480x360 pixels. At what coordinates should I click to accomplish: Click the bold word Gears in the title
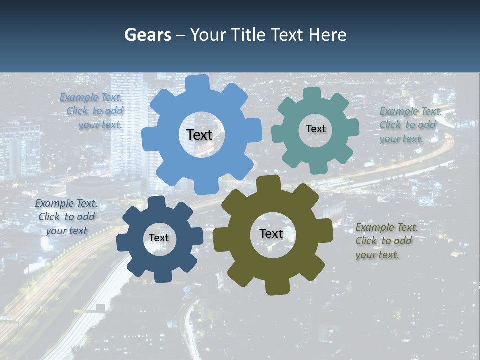coord(147,35)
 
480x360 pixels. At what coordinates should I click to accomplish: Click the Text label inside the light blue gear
coord(199,135)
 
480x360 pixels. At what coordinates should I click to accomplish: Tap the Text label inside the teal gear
coord(315,129)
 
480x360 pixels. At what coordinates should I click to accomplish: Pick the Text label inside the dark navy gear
coord(159,238)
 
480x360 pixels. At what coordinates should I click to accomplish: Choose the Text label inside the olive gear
coord(271,234)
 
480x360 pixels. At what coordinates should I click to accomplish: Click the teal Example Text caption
coord(410,125)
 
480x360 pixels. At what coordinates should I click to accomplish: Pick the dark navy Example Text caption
coord(66,217)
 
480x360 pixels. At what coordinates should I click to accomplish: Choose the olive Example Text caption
coord(386,241)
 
